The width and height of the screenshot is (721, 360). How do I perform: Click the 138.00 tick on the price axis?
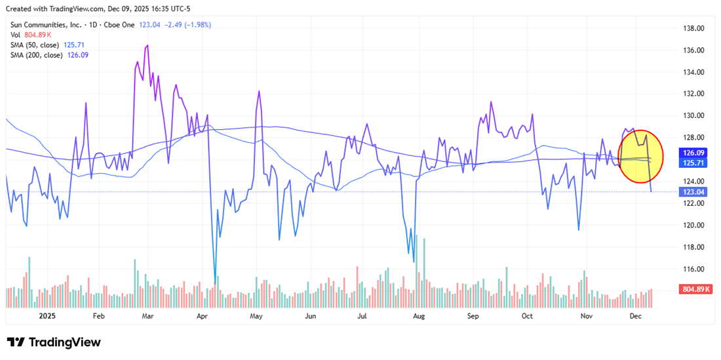click(693, 29)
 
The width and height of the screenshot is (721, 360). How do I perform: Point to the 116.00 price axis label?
click(693, 269)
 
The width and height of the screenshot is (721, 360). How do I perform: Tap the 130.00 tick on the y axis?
click(693, 116)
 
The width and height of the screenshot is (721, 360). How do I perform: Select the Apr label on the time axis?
click(202, 315)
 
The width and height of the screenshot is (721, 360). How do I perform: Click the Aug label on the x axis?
click(419, 315)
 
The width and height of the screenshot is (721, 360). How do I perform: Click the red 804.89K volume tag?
click(697, 289)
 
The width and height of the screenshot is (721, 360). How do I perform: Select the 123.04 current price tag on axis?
click(693, 192)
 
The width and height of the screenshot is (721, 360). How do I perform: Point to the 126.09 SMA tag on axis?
click(693, 152)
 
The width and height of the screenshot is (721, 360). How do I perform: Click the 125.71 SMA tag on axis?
click(693, 162)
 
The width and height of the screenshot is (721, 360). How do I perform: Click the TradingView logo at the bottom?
click(54, 342)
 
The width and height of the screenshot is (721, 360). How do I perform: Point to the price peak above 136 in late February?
click(147, 45)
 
